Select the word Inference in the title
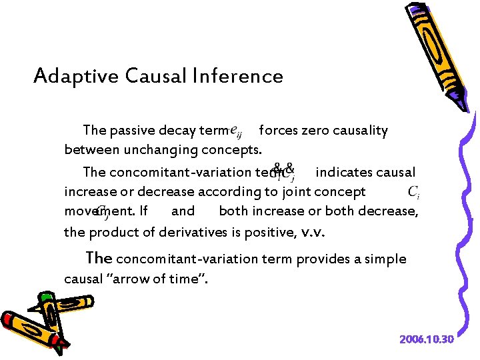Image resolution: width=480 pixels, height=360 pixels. pyautogui.click(x=248, y=76)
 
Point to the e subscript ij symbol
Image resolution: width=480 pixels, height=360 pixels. pyautogui.click(x=235, y=132)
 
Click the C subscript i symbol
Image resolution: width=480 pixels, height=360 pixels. pyautogui.click(x=413, y=193)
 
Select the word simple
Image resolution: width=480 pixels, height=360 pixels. pyautogui.click(x=384, y=259)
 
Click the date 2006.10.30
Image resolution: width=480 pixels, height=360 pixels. pyautogui.click(x=427, y=339)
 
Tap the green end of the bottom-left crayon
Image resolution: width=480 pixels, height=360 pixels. pyautogui.click(x=46, y=297)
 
